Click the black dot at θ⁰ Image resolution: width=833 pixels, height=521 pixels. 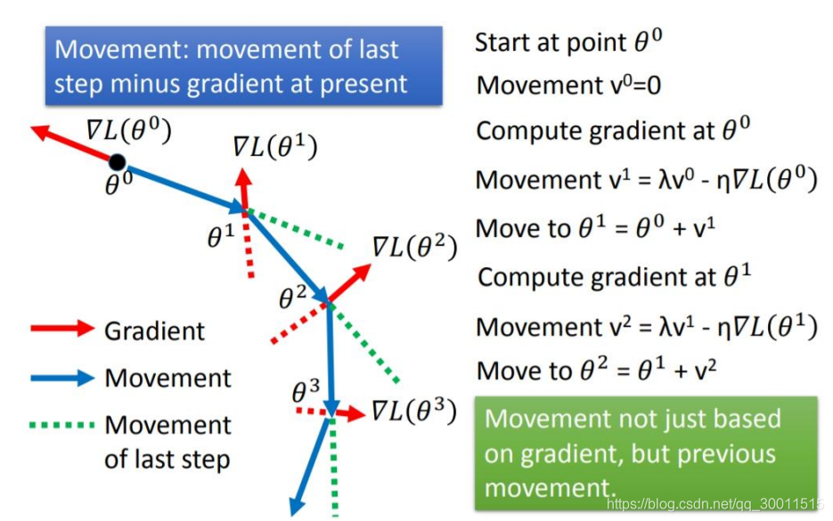coord(117,161)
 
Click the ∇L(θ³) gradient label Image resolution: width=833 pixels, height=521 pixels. coord(413,411)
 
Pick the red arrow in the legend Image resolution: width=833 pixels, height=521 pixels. coord(62,330)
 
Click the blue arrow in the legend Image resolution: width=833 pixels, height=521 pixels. coord(62,378)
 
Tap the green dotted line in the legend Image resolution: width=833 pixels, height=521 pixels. coord(62,425)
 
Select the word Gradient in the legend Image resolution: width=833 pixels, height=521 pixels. coord(154,331)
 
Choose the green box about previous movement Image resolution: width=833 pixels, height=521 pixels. coord(647,453)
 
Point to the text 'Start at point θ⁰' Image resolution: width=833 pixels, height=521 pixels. coord(570,41)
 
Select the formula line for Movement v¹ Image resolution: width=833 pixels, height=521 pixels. coord(646,180)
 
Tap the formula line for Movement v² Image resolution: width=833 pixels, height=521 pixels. coord(646,326)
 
